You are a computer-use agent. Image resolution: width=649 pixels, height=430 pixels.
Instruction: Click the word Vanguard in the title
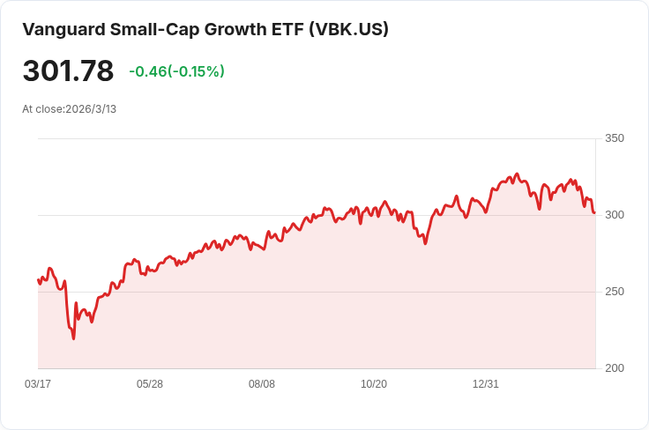[61, 29]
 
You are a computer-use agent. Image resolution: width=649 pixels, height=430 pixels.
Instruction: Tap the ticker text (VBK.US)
[348, 29]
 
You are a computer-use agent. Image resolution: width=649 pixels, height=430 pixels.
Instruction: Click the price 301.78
[68, 71]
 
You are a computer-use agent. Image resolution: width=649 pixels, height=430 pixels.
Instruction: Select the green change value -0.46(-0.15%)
[176, 71]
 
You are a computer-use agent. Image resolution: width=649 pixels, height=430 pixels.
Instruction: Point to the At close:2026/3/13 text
[70, 109]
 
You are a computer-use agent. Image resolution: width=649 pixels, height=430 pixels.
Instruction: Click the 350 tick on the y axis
[614, 138]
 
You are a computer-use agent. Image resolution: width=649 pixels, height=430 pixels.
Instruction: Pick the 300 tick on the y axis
[614, 215]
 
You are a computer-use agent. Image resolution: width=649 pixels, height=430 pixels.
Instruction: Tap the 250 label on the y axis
[614, 292]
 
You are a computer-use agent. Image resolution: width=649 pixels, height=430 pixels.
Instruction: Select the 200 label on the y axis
[614, 368]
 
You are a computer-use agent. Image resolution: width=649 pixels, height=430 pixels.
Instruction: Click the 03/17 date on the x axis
[38, 384]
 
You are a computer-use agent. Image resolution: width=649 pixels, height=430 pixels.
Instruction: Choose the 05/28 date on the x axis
[150, 384]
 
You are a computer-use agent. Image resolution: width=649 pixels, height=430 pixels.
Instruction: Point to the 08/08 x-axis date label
[262, 384]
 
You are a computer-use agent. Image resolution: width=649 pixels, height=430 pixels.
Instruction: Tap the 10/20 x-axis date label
[374, 384]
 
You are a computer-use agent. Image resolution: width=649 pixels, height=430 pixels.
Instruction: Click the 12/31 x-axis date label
[486, 384]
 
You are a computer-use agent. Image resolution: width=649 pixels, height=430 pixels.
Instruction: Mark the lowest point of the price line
[73, 338]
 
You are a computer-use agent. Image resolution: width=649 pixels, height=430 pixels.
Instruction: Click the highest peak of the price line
[517, 174]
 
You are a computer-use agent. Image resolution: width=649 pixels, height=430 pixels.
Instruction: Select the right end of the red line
[594, 212]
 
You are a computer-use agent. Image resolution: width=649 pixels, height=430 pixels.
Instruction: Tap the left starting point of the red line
[38, 279]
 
